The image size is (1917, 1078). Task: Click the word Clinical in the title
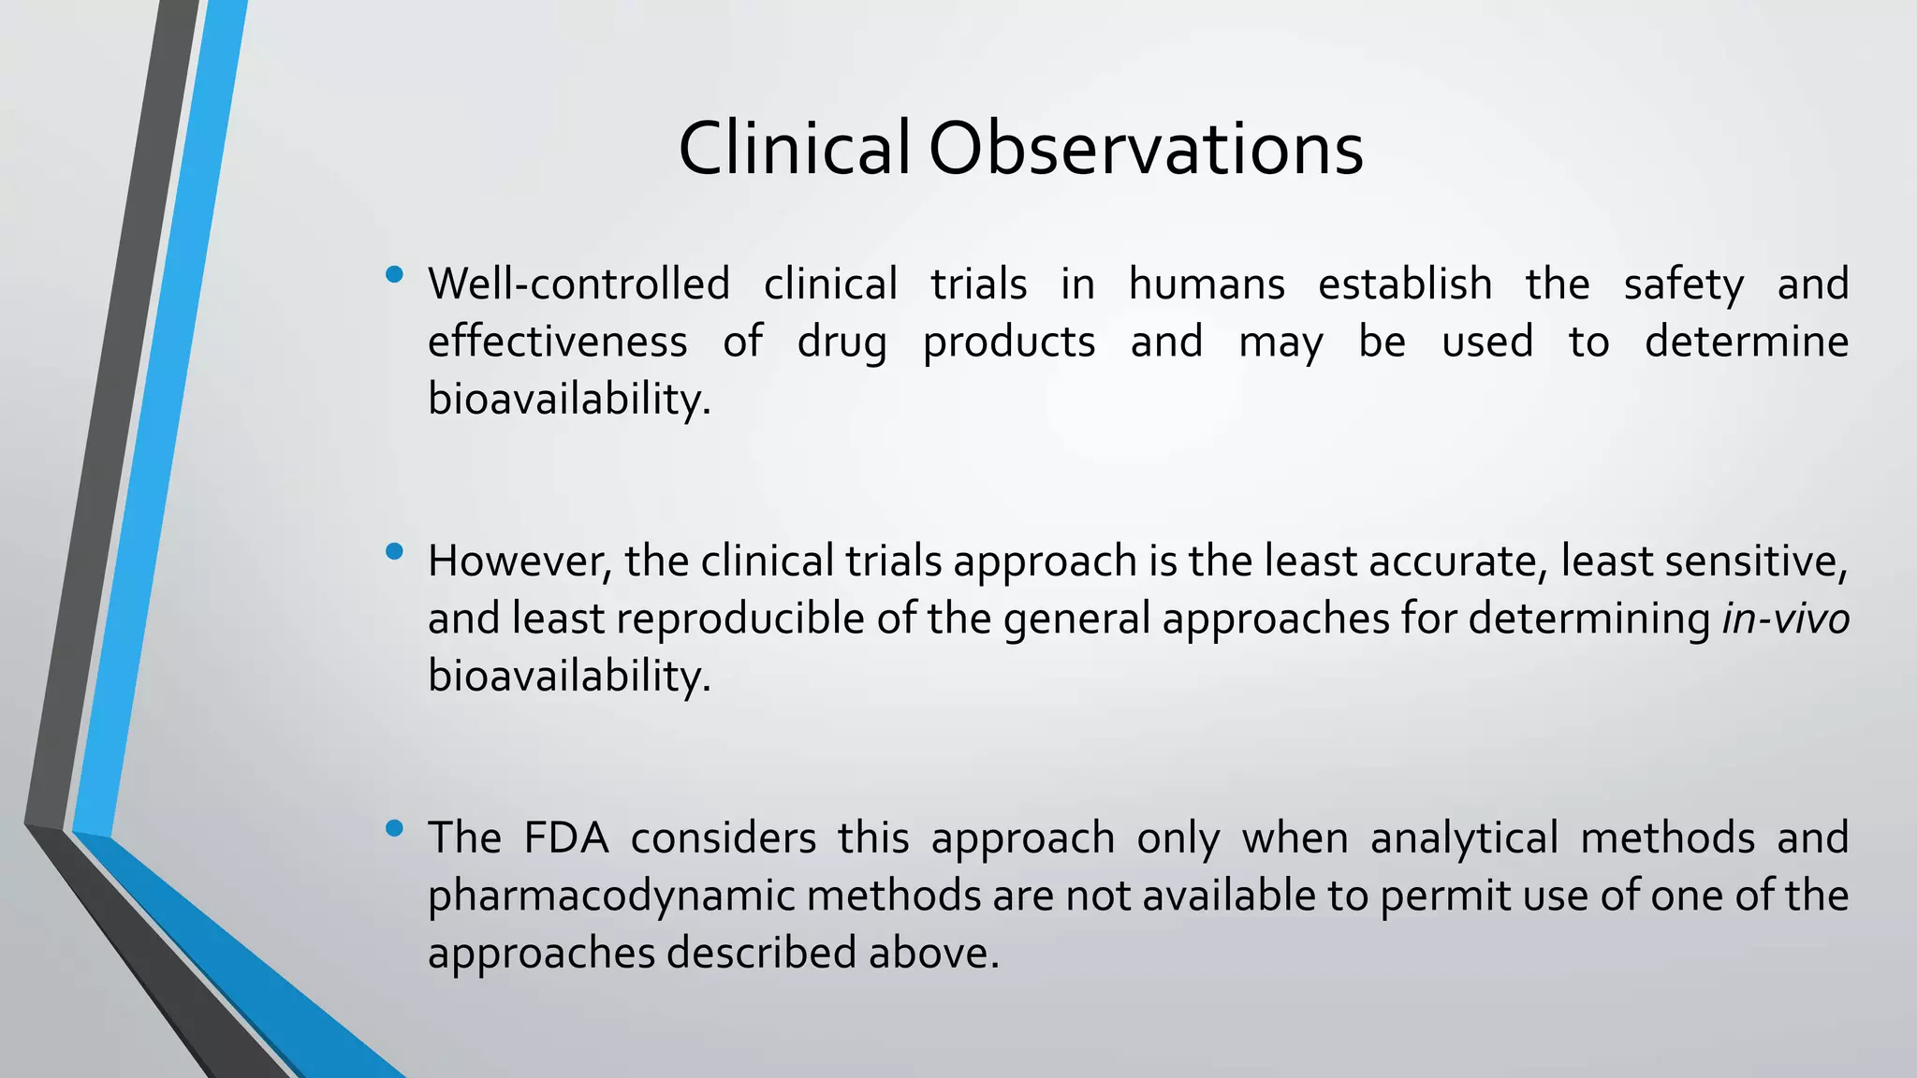click(x=793, y=150)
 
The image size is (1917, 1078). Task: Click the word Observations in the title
click(x=1145, y=150)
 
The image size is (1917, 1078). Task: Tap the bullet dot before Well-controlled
click(x=394, y=275)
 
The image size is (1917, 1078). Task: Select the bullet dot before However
click(x=394, y=552)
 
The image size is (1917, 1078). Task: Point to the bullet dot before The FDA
click(x=394, y=828)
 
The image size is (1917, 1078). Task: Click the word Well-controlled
click(x=578, y=284)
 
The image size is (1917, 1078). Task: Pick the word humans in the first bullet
click(x=1207, y=284)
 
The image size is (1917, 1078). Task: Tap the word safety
click(x=1683, y=284)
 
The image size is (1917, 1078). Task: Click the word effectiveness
click(x=557, y=342)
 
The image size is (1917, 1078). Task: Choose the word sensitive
click(x=1756, y=561)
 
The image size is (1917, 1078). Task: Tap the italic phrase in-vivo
click(x=1785, y=619)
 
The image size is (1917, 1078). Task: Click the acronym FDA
click(x=565, y=838)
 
